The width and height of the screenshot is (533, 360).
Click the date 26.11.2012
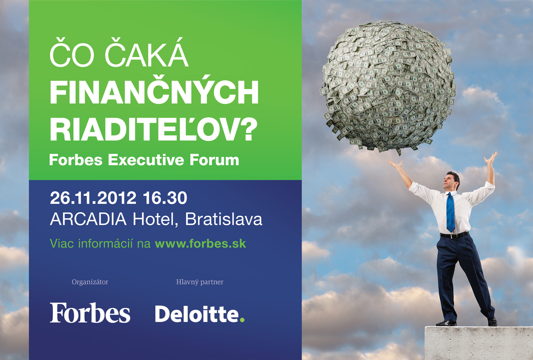[93, 198]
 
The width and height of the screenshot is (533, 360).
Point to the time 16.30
[165, 198]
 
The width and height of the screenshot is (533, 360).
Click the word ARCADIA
[88, 219]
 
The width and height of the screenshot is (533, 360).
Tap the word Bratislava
[224, 219]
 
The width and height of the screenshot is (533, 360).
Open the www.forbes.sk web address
[200, 244]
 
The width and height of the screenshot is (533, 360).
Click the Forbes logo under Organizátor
[90, 313]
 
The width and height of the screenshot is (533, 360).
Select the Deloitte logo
[199, 314]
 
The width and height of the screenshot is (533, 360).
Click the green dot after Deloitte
[242, 320]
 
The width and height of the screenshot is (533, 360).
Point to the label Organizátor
[90, 282]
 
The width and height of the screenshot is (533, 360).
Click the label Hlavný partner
[199, 282]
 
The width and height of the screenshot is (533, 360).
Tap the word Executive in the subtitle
[146, 160]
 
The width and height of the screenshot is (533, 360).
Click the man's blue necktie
[450, 212]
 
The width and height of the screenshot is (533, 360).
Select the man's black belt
[454, 235]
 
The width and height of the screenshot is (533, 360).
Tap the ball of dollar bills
[388, 87]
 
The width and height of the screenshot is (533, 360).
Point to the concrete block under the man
[478, 343]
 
